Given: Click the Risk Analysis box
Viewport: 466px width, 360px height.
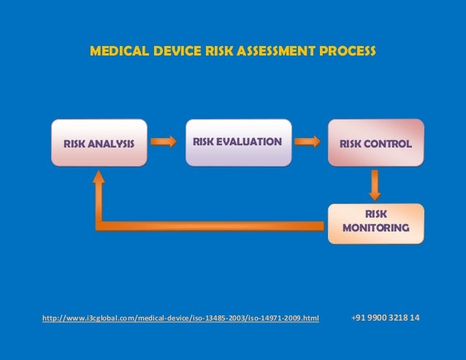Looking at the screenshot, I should (99, 143).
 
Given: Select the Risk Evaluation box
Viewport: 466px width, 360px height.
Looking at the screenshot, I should (237, 142).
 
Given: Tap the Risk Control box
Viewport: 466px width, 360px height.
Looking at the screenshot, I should (375, 143).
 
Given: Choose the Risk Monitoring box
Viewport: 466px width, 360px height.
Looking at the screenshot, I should (375, 221).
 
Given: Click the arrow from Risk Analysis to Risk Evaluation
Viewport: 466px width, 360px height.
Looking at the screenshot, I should (164, 140).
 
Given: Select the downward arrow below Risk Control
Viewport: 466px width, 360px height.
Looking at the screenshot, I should (375, 185).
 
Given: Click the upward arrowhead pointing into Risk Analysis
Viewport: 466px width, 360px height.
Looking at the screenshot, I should (99, 178).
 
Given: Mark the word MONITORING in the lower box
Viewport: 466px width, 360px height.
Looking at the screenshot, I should (375, 228).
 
